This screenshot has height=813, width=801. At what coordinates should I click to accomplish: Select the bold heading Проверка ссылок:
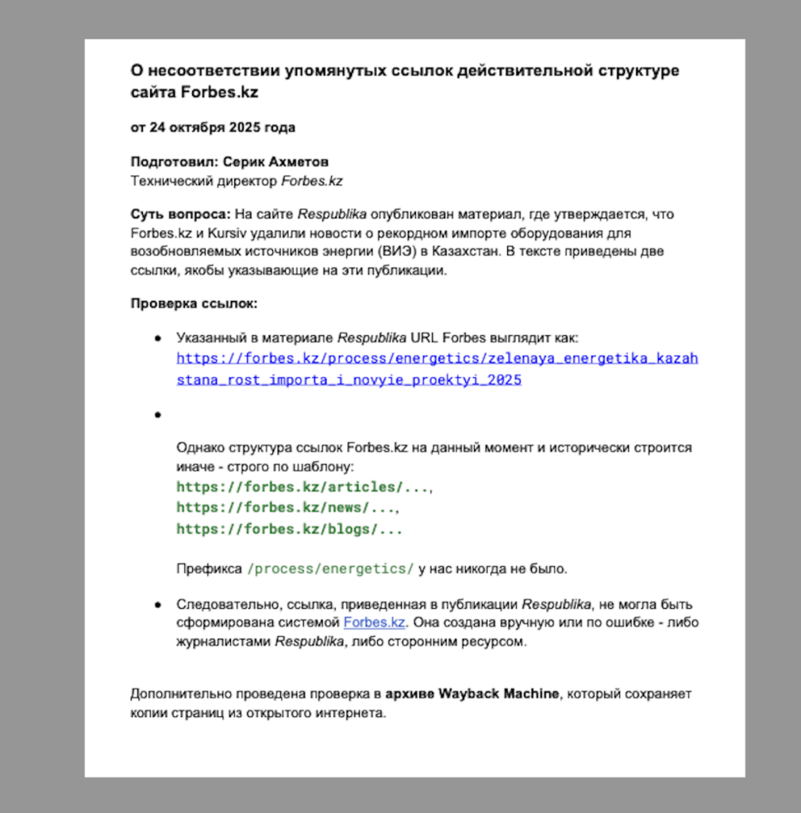point(194,303)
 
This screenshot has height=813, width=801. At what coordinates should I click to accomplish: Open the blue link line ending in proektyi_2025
point(349,380)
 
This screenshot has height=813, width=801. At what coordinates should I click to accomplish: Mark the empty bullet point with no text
point(158,414)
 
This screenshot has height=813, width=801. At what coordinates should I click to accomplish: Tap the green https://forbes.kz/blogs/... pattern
point(289,529)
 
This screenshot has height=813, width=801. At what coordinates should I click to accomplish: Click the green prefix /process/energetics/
point(330,568)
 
